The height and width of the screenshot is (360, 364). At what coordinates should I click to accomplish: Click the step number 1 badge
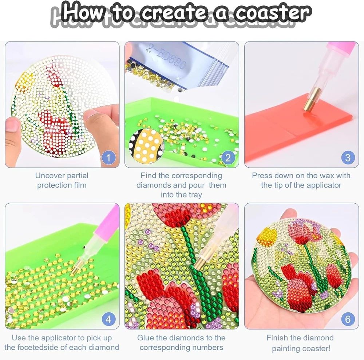pos(108,158)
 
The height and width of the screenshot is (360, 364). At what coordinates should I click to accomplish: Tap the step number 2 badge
pos(228,158)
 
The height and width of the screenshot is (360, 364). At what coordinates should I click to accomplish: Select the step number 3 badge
pos(348,158)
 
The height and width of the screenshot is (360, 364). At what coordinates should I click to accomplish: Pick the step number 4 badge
pos(108,319)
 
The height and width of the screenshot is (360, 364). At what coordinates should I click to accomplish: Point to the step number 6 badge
pos(348,319)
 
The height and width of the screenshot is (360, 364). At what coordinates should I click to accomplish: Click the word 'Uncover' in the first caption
pos(50,176)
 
